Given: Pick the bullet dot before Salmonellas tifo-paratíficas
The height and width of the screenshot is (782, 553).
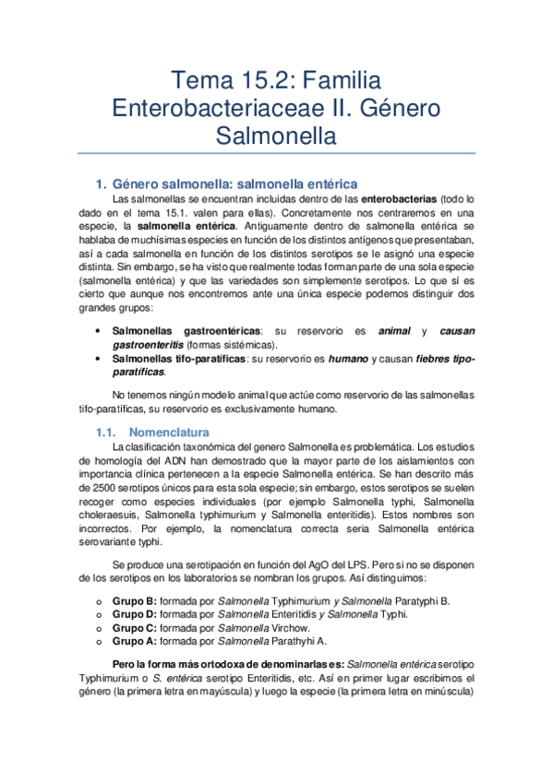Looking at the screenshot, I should [99, 358].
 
